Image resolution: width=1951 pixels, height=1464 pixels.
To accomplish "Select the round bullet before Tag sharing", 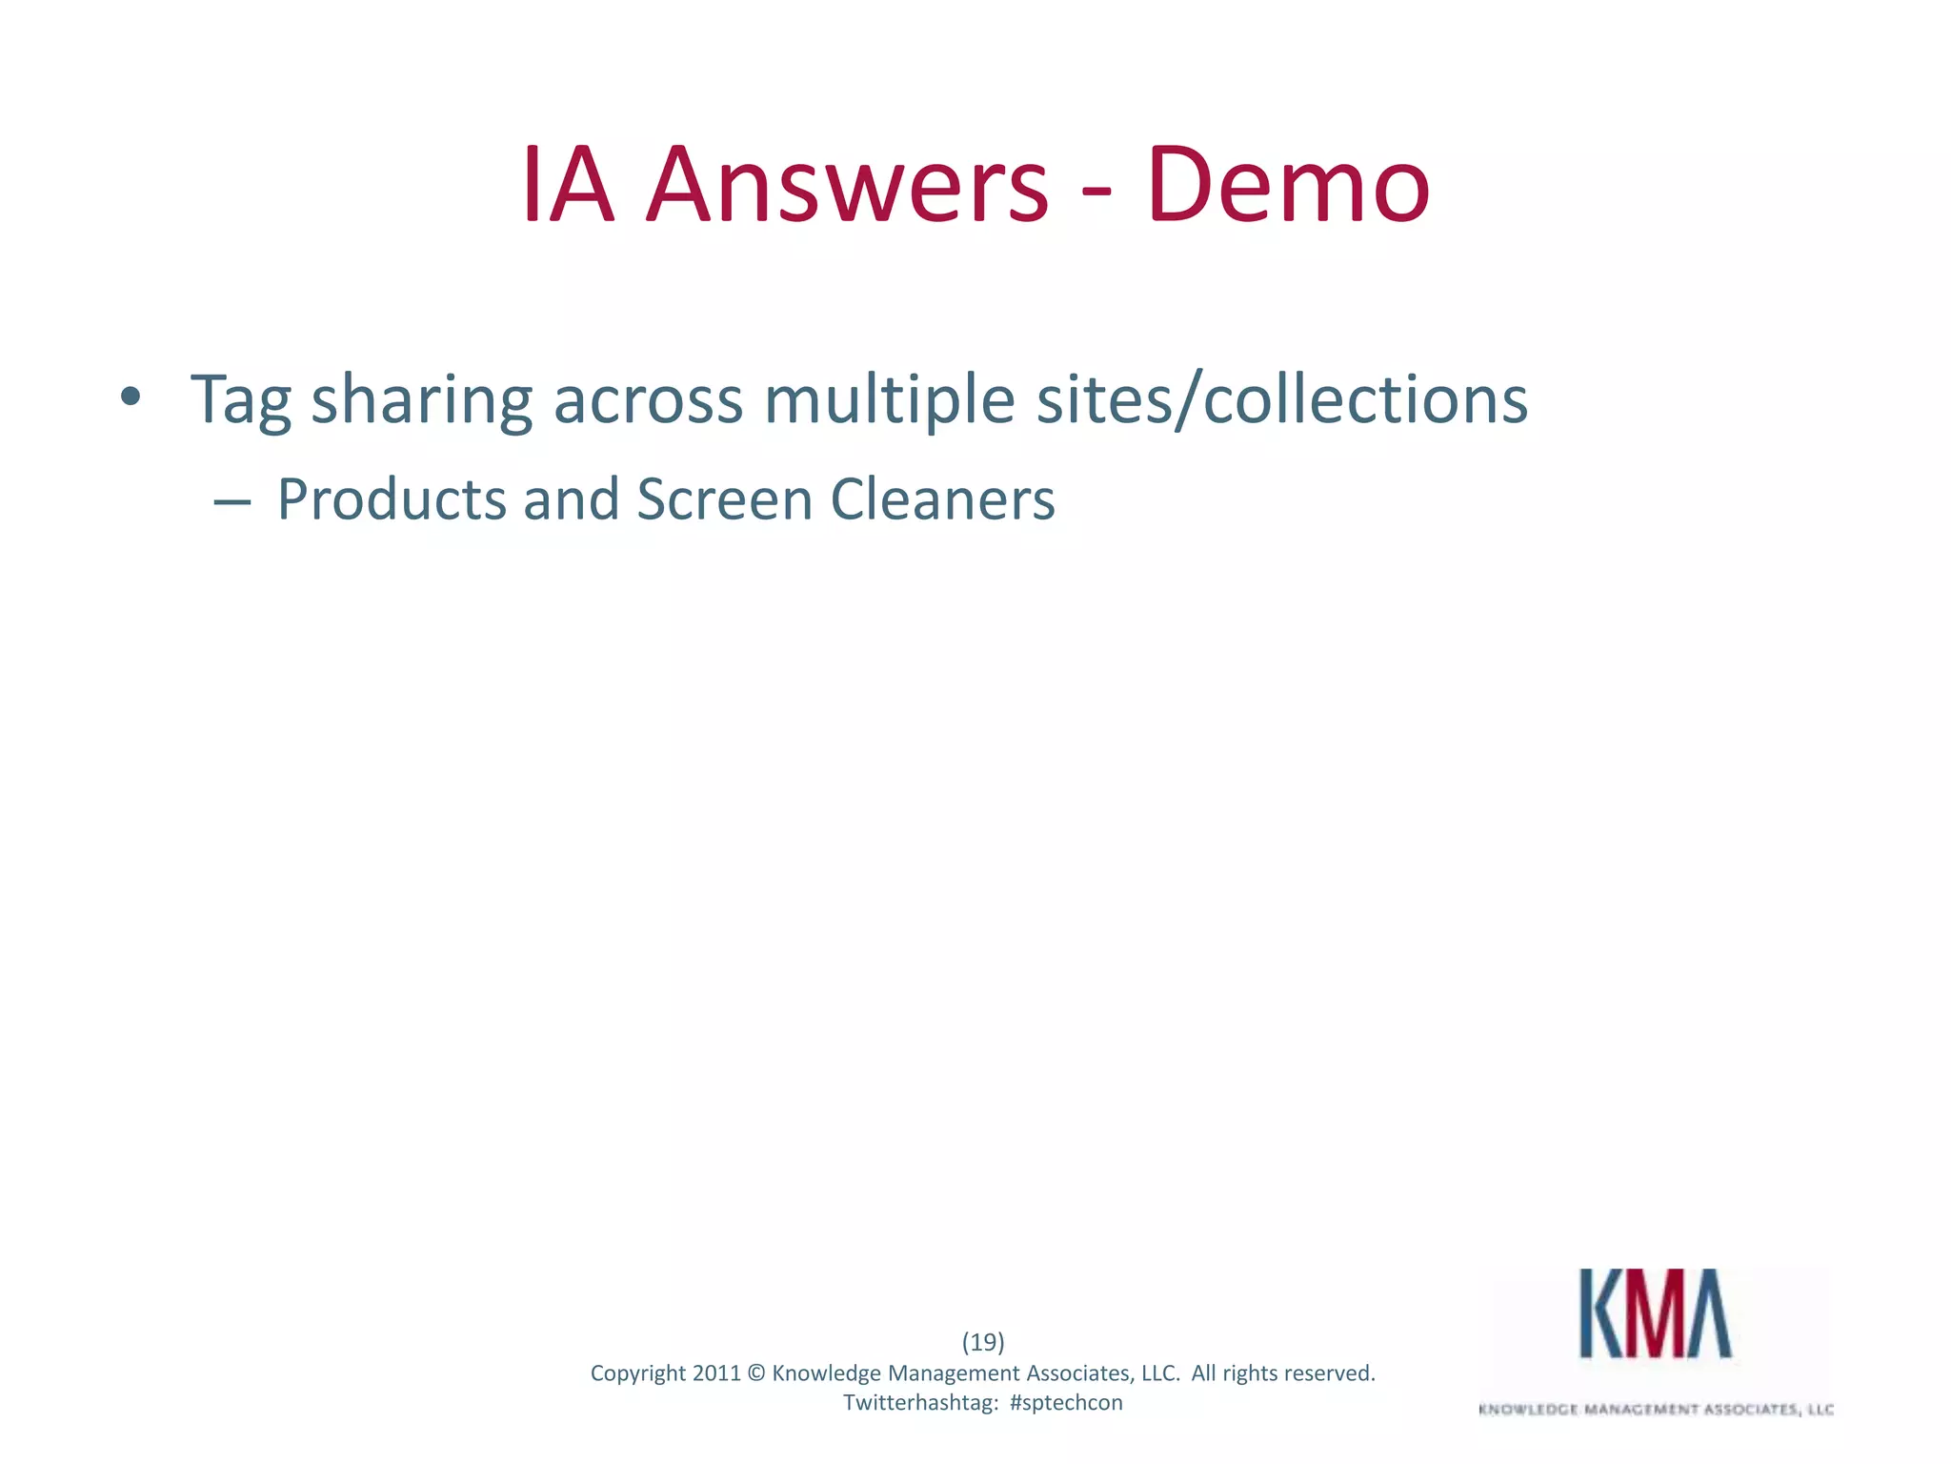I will click(131, 396).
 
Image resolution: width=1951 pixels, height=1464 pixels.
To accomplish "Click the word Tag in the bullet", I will click(241, 400).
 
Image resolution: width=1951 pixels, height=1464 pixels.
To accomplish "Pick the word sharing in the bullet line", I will click(421, 400).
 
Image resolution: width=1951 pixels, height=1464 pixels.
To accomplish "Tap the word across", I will click(648, 400).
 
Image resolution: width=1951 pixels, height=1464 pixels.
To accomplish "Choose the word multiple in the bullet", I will click(889, 400).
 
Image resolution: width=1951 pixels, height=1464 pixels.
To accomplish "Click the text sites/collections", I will click(1282, 400).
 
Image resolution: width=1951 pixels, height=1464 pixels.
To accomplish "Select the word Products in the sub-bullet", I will click(392, 499).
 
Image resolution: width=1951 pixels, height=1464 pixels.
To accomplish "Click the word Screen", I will click(724, 499).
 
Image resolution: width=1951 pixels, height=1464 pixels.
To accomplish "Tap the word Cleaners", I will click(942, 499).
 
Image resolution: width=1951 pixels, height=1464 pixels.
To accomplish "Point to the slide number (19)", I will click(983, 1342).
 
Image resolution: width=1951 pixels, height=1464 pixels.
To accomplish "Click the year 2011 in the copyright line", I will click(716, 1373).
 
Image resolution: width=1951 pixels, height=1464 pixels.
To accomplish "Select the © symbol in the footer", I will click(756, 1373).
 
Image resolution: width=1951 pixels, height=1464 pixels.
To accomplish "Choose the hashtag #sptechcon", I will click(1066, 1403).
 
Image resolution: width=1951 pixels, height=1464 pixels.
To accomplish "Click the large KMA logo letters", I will click(1656, 1313).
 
